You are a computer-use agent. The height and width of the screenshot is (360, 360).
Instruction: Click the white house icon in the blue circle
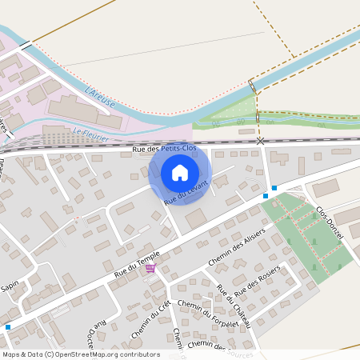point(180,173)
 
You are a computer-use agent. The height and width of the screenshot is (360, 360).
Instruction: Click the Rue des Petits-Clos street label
point(164,149)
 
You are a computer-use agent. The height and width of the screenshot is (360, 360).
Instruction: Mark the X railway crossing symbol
point(260,141)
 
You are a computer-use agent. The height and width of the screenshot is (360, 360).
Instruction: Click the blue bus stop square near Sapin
point(8,326)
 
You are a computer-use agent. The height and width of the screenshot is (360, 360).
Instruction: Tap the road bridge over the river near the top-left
point(26,46)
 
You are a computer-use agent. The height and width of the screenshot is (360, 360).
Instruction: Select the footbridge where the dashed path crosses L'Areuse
point(253,86)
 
